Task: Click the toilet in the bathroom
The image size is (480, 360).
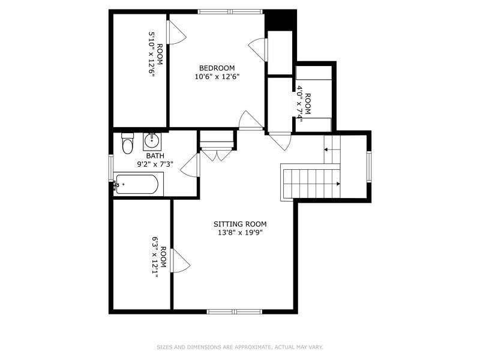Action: [x=127, y=145]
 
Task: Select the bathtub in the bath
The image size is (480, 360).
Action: [x=138, y=184]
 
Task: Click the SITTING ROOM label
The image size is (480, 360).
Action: [x=236, y=224]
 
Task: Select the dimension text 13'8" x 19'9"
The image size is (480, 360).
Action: [x=236, y=232]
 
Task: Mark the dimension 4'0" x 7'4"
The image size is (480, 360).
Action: [x=300, y=103]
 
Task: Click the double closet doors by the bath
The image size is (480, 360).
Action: [x=216, y=154]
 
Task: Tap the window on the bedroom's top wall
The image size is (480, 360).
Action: [x=230, y=11]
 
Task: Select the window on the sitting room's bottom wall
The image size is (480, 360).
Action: [x=235, y=311]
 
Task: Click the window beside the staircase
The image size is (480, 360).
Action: [x=369, y=166]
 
